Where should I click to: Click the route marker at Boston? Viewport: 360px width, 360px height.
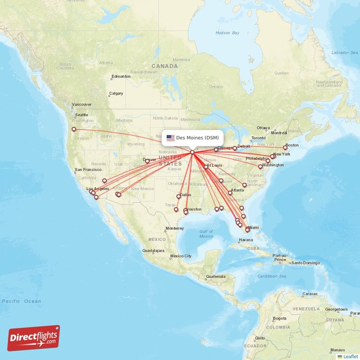[285, 148]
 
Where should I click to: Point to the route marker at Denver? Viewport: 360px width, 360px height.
[147, 161]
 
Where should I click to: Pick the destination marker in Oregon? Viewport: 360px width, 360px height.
[74, 130]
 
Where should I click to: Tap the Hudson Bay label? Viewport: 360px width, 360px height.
[227, 33]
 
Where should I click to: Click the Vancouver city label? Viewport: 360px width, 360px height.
[81, 104]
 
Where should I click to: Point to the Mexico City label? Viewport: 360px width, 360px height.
[181, 256]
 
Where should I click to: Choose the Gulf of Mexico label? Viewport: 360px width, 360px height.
[206, 234]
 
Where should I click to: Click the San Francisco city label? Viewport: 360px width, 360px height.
[91, 170]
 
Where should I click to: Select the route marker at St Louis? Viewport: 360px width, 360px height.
[206, 167]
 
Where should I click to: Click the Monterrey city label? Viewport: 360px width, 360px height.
[175, 228]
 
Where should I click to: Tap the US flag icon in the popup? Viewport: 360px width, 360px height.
[171, 138]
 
